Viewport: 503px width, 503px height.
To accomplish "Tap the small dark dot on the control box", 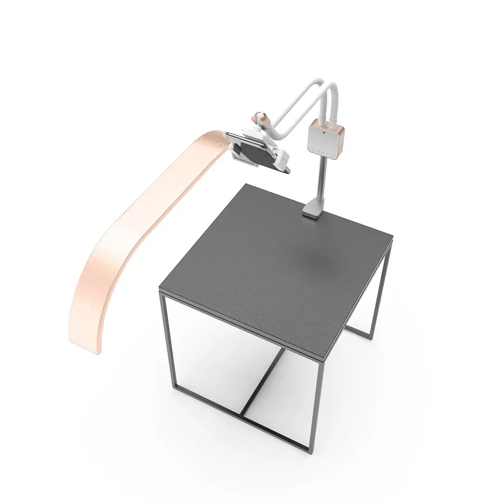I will pos(324,132).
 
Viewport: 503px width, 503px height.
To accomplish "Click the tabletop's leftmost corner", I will pos(160,291).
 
